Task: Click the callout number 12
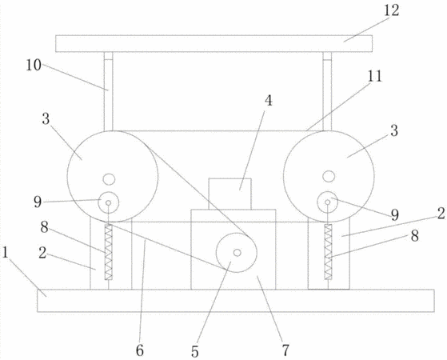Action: point(391,11)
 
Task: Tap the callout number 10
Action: point(34,66)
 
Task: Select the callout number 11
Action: point(374,77)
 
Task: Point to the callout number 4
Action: point(268,101)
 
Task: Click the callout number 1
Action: point(5,253)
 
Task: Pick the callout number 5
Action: point(194,351)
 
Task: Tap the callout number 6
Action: point(140,350)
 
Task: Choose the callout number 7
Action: point(285,350)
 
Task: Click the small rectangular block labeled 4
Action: point(230,194)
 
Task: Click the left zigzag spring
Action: point(108,252)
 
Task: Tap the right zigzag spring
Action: point(328,252)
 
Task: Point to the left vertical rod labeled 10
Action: point(108,91)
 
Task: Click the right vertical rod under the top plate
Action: point(327,91)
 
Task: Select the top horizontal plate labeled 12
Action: point(214,44)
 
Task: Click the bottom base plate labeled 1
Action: point(236,301)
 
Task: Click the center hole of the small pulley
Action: point(237,253)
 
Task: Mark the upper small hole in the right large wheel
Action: point(329,176)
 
